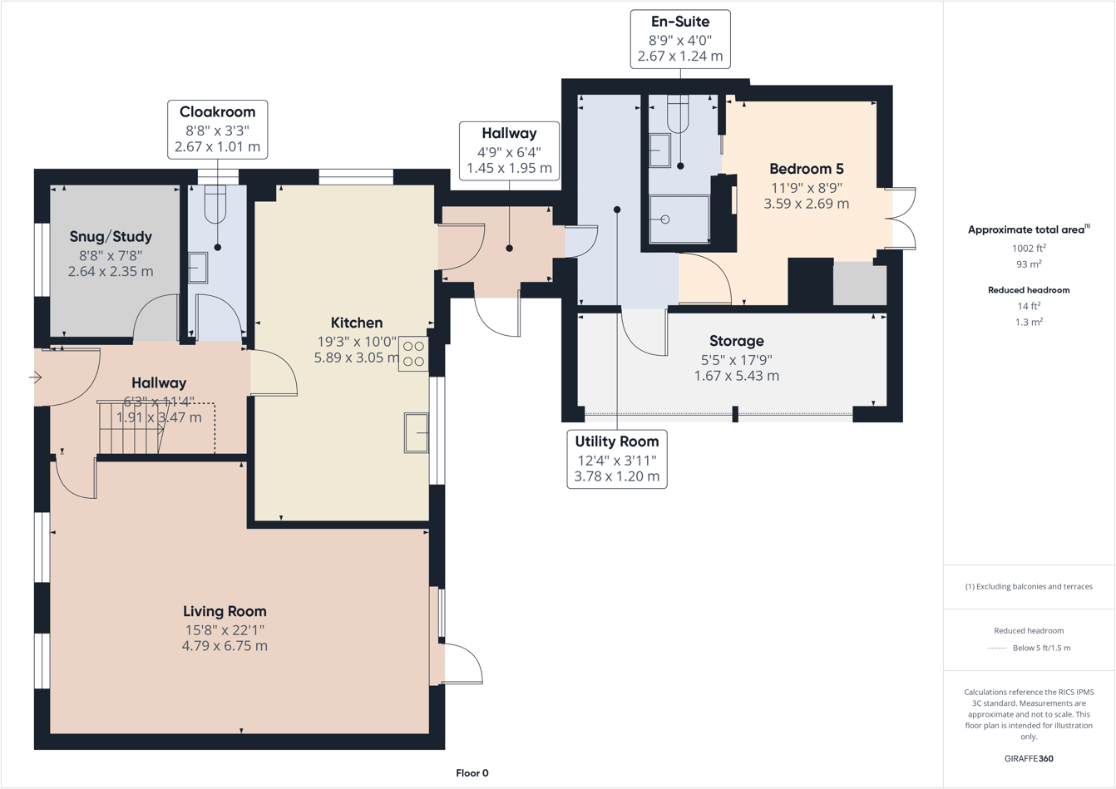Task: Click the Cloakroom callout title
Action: coord(217,111)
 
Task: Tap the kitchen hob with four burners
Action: coord(413,353)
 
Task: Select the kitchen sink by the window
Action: coord(417,432)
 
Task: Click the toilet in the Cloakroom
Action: coord(215,204)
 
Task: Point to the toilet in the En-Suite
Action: coord(678,114)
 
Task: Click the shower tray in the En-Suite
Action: coord(679,219)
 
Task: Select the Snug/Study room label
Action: coord(111,237)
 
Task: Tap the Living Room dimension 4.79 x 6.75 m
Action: coord(225,646)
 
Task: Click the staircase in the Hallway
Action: coord(129,427)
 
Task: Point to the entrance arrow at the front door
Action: coord(35,377)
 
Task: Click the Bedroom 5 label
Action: coord(806,169)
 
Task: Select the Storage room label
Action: coord(736,341)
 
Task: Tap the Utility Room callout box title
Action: coord(616,441)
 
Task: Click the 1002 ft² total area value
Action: coord(1029,248)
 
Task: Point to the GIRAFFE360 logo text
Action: coord(1029,758)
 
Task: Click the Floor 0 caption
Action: coord(472,773)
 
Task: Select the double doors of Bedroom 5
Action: coord(901,219)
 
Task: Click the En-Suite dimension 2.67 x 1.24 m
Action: coord(679,57)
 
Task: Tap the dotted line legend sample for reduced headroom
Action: coord(996,648)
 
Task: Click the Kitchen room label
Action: coord(357,323)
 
